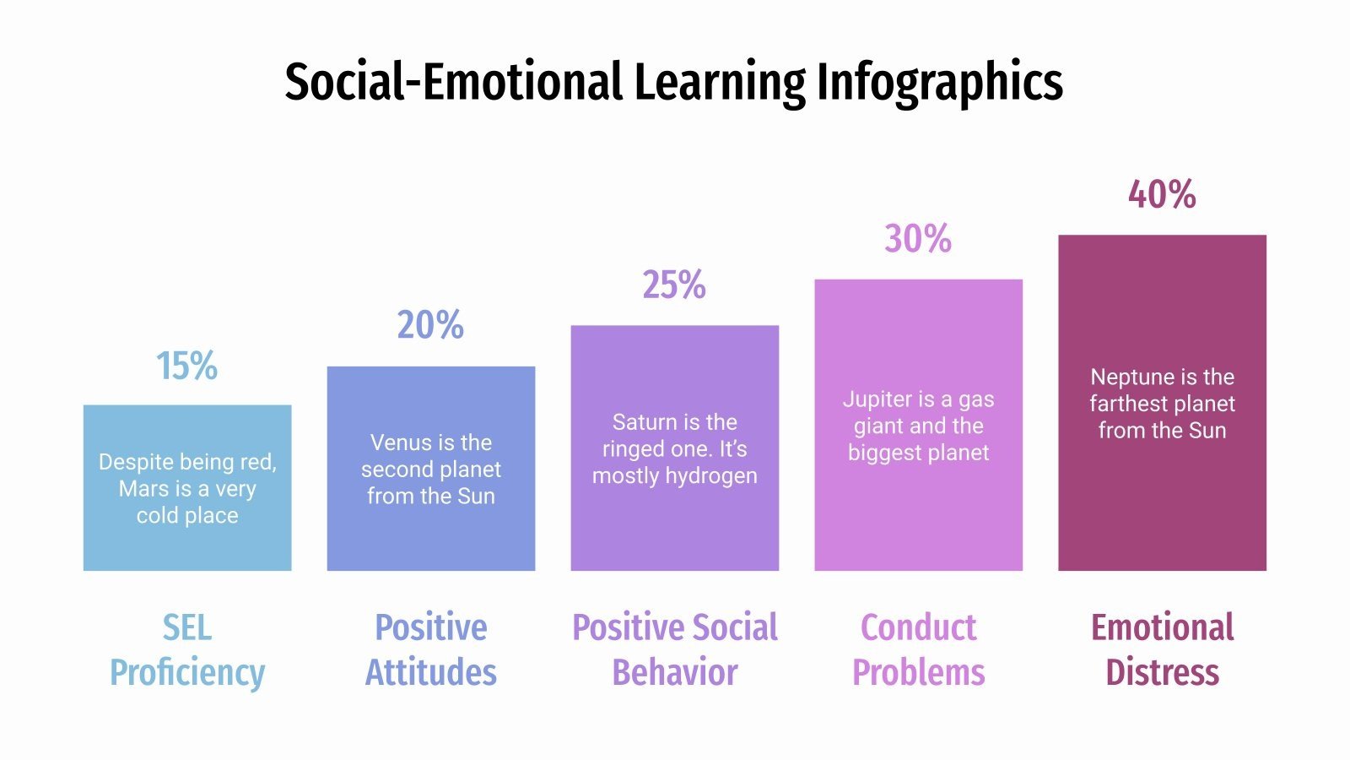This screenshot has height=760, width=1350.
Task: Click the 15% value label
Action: click(186, 366)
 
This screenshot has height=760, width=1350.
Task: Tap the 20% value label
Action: click(430, 325)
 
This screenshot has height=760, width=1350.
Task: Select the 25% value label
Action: click(674, 285)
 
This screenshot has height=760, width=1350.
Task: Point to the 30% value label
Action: click(918, 239)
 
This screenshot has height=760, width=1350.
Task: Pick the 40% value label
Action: click(1162, 194)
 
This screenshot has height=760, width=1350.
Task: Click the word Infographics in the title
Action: click(939, 82)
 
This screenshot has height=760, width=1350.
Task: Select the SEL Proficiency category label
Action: click(187, 649)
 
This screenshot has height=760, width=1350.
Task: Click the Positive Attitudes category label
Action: click(431, 649)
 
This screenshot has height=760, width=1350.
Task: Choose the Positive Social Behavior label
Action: click(675, 649)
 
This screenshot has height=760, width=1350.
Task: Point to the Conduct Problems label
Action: click(919, 649)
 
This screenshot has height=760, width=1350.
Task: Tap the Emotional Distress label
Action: click(1163, 649)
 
